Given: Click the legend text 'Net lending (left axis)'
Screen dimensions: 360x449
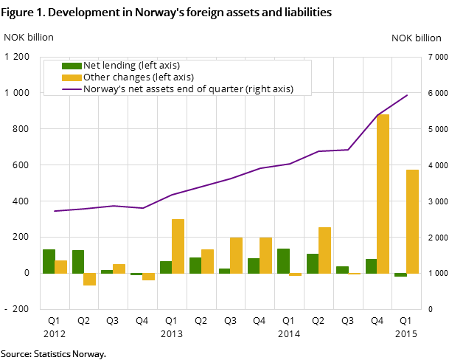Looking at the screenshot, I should (131, 66).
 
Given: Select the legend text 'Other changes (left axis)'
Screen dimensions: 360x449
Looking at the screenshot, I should (139, 77).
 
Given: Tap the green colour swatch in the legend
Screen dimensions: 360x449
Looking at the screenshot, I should (72, 66).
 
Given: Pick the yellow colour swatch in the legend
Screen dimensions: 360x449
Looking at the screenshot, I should (72, 77).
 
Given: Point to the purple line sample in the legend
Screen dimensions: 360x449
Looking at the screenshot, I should (72, 89).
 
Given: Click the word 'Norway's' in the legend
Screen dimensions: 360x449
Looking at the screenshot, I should (104, 89).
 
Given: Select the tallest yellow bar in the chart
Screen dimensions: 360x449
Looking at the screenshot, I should (383, 194).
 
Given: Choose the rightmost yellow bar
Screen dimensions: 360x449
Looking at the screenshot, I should (412, 221).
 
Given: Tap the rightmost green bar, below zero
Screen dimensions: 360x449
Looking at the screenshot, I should (400, 275).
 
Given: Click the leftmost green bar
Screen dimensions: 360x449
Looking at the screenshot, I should (49, 261).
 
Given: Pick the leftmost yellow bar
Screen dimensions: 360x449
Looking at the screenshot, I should (60, 267).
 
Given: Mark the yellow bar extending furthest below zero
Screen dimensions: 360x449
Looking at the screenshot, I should (89, 280).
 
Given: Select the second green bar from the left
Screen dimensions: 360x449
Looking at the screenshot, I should (77, 262).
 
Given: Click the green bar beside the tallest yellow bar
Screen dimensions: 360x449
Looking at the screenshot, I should (371, 266).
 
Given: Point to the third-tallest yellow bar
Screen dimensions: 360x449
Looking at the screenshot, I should (178, 246).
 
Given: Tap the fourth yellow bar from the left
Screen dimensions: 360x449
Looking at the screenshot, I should (148, 277).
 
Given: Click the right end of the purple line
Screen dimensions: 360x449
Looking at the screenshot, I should (407, 95).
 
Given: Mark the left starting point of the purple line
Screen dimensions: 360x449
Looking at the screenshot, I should (55, 211).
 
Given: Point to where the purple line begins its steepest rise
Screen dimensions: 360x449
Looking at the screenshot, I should (348, 150).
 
